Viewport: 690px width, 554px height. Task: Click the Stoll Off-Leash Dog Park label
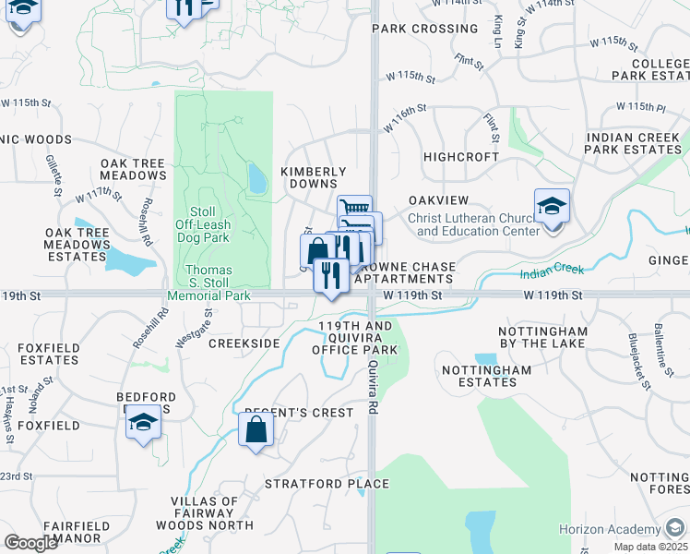pyautogui.click(x=201, y=224)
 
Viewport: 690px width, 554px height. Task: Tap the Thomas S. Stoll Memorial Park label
pyautogui.click(x=208, y=283)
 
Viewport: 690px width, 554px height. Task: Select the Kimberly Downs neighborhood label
pyautogui.click(x=313, y=177)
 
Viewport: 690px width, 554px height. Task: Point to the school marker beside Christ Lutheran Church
pyautogui.click(x=552, y=208)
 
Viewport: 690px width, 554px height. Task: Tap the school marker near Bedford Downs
pyautogui.click(x=143, y=424)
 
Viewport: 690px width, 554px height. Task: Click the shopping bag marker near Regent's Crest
pyautogui.click(x=256, y=429)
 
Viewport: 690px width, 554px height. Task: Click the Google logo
pyautogui.click(x=30, y=543)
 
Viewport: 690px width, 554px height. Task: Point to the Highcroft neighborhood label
pyautogui.click(x=460, y=157)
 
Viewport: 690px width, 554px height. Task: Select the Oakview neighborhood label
pyautogui.click(x=438, y=200)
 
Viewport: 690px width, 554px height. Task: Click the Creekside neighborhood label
pyautogui.click(x=244, y=343)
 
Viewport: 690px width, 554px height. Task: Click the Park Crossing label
pyautogui.click(x=424, y=29)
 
